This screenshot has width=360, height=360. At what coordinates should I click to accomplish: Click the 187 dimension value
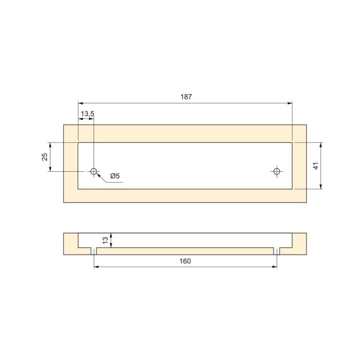(x=185, y=97)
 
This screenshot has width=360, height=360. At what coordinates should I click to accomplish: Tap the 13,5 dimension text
(x=86, y=114)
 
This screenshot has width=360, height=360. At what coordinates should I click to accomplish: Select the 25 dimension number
(x=45, y=156)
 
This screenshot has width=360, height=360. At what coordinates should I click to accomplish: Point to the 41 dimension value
(x=316, y=166)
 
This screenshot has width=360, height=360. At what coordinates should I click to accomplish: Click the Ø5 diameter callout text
(x=115, y=176)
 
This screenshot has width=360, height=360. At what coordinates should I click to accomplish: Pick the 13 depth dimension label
(x=105, y=240)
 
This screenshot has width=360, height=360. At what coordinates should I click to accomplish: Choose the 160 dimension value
(x=185, y=261)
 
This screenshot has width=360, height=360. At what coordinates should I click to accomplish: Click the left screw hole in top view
(x=94, y=171)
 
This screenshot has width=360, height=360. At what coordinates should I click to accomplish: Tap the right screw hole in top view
(x=277, y=171)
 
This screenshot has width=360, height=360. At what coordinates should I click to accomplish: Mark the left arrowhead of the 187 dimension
(x=80, y=103)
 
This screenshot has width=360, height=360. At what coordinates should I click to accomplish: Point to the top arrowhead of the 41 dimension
(x=321, y=145)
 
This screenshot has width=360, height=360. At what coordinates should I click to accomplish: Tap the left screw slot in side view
(x=94, y=251)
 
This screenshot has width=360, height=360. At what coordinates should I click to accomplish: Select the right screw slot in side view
(x=277, y=251)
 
